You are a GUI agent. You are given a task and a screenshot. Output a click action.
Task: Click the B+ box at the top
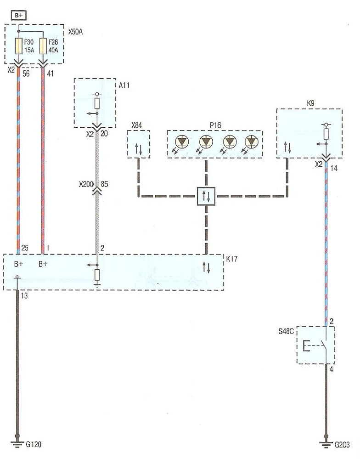pos(18,15)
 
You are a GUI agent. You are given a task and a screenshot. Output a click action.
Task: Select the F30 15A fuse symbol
pos(18,46)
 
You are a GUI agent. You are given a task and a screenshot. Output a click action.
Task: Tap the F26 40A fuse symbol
pos(43,46)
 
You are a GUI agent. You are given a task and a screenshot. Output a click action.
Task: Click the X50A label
pos(75,32)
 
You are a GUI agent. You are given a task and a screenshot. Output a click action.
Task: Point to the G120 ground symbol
pos(17,444)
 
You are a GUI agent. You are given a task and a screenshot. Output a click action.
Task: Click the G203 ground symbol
pos(326,444)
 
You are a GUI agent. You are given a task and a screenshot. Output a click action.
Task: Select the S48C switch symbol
pos(316,346)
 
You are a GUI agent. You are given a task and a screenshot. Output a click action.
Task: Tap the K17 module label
pos(232,259)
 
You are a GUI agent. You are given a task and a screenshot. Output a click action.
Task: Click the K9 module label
pos(311,103)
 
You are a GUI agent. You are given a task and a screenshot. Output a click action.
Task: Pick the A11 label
pos(124,85)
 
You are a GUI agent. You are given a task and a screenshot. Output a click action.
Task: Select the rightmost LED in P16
pos(251,142)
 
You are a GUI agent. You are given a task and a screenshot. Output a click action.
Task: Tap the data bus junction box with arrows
pos(206,196)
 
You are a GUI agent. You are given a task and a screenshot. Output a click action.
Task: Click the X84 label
pos(136,125)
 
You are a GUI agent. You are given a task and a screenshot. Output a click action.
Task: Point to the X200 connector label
pos(86,184)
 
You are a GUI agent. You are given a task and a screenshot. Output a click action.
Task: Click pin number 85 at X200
pos(104,184)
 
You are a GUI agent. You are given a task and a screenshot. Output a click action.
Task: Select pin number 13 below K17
pos(24,296)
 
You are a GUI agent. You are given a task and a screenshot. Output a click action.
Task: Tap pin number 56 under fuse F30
pos(26,74)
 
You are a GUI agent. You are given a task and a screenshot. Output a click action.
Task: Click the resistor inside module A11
pos(97,103)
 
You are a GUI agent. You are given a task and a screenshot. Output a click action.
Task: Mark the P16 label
pos(215,125)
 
